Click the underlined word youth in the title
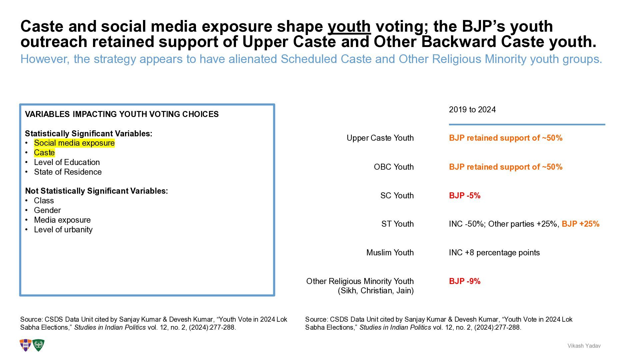coord(349,26)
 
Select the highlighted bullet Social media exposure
coord(74,143)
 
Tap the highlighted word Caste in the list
coord(44,153)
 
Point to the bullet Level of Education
coord(67,162)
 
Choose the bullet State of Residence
coord(68,172)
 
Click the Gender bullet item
coord(47,210)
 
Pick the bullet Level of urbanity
coord(63,230)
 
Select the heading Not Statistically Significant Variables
coord(96,191)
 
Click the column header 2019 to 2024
coord(472,110)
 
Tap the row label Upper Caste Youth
coord(380,138)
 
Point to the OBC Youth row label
coord(394,167)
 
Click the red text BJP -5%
coord(465,196)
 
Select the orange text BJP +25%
coord(580,224)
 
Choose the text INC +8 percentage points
coord(494,253)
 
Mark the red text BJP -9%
coord(465,281)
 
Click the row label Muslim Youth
coord(390,253)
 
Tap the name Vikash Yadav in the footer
coord(584,346)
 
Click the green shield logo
coord(38,345)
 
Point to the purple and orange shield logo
coord(26,345)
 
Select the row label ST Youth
coord(397,224)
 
